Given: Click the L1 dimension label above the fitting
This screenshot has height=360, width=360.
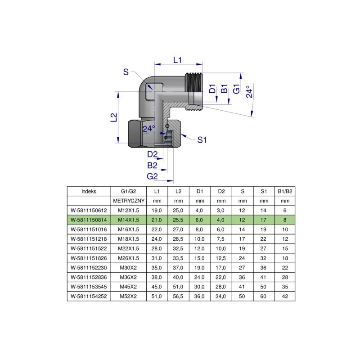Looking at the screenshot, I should (178, 60).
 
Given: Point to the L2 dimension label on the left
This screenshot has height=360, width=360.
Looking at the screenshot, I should (114, 117).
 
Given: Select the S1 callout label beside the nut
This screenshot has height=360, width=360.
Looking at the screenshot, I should (202, 140).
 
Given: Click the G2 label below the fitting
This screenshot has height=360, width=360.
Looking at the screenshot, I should (152, 175).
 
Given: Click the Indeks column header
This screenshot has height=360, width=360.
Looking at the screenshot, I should (89, 191).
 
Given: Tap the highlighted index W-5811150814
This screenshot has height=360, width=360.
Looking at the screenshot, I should (89, 220).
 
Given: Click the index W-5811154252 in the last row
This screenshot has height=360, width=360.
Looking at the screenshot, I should (89, 296).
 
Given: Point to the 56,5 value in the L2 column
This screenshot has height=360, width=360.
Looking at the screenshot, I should (178, 296).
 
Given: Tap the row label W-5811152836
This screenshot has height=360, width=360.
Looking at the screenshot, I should (89, 277).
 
